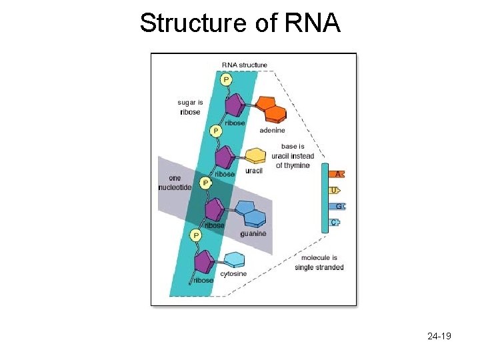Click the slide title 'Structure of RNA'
pyautogui.click(x=240, y=23)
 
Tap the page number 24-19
pyautogui.click(x=439, y=336)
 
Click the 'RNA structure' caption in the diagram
pyautogui.click(x=245, y=65)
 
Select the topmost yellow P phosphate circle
pyautogui.click(x=226, y=80)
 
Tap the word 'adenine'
pyautogui.click(x=273, y=130)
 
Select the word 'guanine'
pyautogui.click(x=253, y=234)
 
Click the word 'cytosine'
pyautogui.click(x=233, y=274)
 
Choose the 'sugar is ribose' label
pyautogui.click(x=189, y=107)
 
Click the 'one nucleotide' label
pyautogui.click(x=175, y=183)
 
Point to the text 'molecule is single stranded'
pyautogui.click(x=319, y=263)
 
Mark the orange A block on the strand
pyautogui.click(x=337, y=174)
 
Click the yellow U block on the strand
pyautogui.click(x=335, y=190)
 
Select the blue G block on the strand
pyautogui.click(x=337, y=206)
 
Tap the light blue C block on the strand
pyautogui.click(x=335, y=222)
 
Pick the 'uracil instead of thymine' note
pyautogui.click(x=293, y=156)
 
